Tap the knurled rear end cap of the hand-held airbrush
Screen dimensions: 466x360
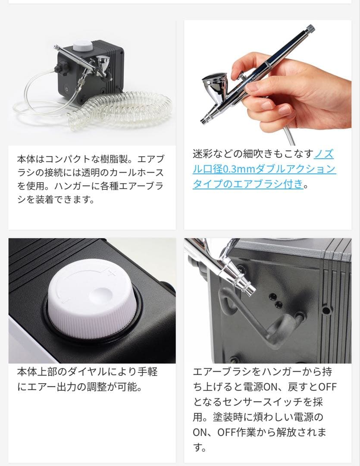point(310,29)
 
